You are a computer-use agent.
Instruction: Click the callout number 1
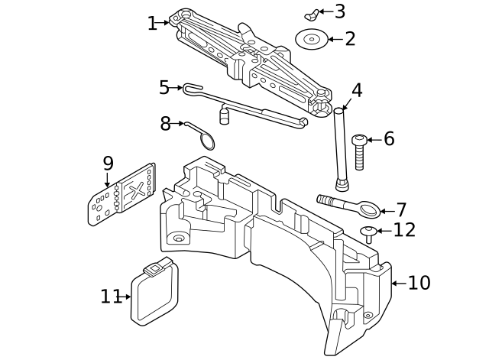coord(151,23)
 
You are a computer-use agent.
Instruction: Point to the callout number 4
coord(356,90)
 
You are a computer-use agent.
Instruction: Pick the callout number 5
coord(164,88)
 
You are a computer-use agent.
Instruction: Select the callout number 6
coord(389,139)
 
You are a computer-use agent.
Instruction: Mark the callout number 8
coord(166,123)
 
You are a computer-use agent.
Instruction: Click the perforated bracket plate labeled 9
coord(122,195)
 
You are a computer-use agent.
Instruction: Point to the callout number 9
coord(108,163)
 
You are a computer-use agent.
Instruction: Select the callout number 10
coord(419,283)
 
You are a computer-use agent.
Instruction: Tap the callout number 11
coord(111,297)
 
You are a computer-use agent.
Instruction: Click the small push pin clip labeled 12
coord(368,233)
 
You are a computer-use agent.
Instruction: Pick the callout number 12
coord(404,230)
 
